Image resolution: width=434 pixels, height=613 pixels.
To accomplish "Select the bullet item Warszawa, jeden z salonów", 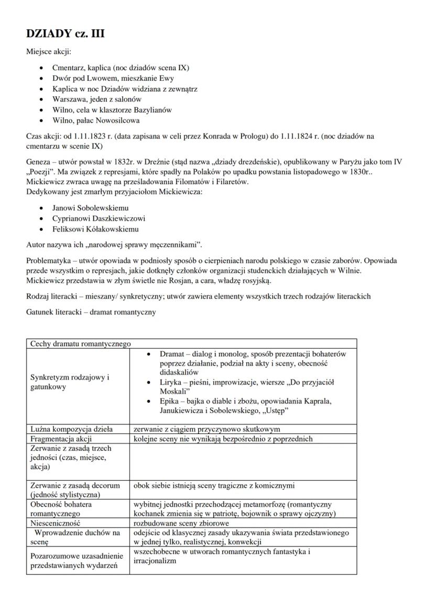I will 97,99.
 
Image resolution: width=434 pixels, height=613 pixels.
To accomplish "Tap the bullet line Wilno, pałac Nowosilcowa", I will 96,120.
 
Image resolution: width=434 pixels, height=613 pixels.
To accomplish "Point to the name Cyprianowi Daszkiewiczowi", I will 99,218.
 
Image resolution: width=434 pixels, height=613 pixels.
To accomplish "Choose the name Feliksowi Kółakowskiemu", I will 95,229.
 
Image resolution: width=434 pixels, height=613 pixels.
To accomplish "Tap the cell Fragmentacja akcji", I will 61,439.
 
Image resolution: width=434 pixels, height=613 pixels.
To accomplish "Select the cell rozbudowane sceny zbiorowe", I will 181,522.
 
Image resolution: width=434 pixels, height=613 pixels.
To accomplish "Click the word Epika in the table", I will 171,401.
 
